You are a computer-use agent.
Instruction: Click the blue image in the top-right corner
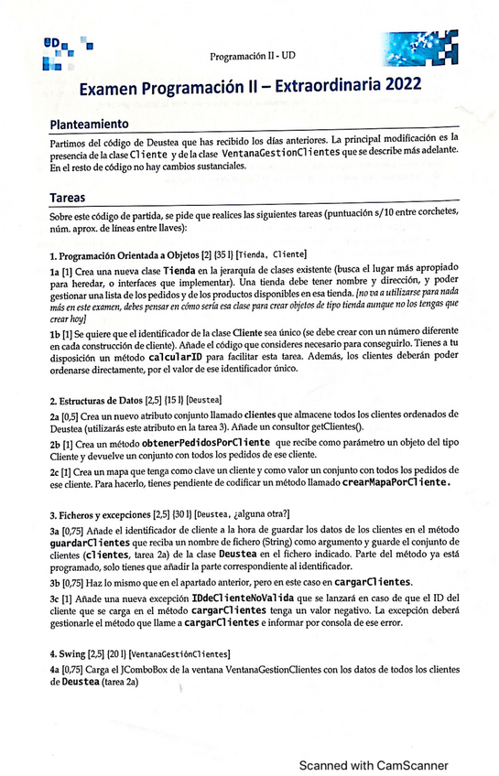tap(416, 49)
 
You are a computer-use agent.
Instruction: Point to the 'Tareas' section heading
tap(68, 198)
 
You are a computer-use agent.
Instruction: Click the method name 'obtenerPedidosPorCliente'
tap(204, 443)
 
